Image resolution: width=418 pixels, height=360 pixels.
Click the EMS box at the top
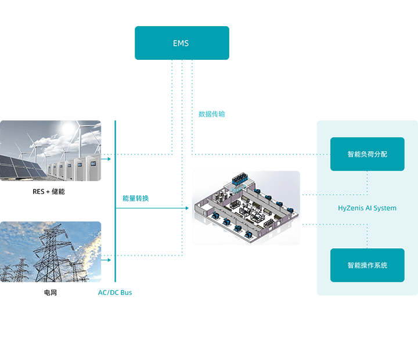[182, 43]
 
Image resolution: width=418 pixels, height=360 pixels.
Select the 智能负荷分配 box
[367, 154]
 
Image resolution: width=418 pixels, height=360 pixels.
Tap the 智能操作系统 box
[367, 265]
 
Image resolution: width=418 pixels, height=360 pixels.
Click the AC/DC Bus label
[115, 293]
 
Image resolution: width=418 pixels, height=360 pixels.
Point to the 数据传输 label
[211, 114]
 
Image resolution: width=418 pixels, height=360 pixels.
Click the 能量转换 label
[135, 198]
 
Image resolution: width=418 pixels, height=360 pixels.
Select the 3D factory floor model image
[246, 208]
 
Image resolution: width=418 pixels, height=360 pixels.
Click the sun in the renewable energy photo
[69, 128]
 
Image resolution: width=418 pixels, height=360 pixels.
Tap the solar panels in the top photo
[20, 166]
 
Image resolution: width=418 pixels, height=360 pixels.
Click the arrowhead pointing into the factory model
[187, 208]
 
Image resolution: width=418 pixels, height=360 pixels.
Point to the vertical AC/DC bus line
[116, 203]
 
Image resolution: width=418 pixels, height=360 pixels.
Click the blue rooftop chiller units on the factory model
[240, 178]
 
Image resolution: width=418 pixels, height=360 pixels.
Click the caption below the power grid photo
[51, 293]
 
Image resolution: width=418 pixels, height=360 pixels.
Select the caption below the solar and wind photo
[51, 192]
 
